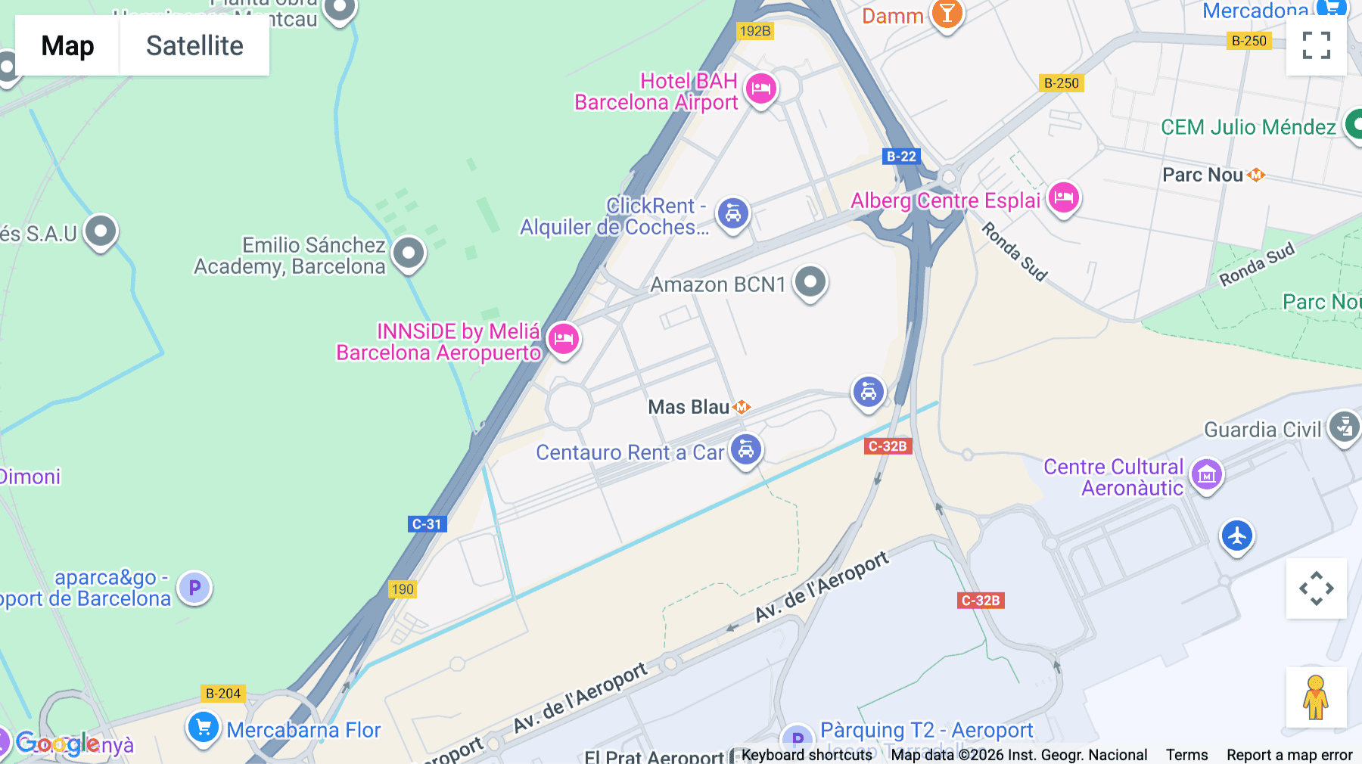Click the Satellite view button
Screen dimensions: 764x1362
(194, 46)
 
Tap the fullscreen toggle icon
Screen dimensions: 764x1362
(1316, 45)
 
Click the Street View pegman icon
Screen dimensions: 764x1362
(1316, 697)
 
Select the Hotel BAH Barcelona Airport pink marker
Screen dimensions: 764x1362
(761, 89)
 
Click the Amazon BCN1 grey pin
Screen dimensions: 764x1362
(810, 282)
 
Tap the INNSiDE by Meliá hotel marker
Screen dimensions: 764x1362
(563, 339)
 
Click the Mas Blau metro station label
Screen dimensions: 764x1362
(689, 407)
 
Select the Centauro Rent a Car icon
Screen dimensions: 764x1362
(746, 450)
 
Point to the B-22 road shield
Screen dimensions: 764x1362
(901, 157)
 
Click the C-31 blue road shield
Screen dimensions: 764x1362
(427, 524)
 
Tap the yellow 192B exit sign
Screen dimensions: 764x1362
(755, 31)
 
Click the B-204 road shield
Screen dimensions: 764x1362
(223, 694)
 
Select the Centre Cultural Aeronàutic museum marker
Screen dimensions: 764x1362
(1206, 475)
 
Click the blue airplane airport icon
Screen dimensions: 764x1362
(1237, 536)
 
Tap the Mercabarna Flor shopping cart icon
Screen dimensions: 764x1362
(203, 728)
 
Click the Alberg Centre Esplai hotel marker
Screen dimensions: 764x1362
(1063, 199)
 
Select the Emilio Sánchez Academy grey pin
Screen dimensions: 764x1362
(409, 253)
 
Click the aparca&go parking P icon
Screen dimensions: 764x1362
(194, 588)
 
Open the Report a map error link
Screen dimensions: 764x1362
(1289, 755)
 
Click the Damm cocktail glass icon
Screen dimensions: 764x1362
(947, 14)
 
